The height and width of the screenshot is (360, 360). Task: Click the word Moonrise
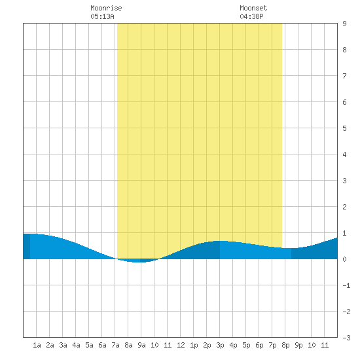pos(106,8)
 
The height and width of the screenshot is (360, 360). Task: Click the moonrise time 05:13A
pos(102,16)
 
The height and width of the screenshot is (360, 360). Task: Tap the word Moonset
pos(253,8)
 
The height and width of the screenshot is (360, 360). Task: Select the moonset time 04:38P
pos(251,16)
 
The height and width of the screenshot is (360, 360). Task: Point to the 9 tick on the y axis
pos(344,24)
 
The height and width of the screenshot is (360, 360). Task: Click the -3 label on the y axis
pos(346,338)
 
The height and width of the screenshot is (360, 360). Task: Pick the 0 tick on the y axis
pos(344,259)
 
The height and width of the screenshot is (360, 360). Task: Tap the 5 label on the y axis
pos(344,128)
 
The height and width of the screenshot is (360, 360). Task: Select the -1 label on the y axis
pos(346,285)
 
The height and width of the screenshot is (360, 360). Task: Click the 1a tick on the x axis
pos(37,345)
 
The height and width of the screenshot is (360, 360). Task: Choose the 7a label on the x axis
pos(115,345)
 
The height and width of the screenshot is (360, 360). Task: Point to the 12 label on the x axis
pos(181,345)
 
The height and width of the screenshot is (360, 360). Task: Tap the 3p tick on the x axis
pos(220,345)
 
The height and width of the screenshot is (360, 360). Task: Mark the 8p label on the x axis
pos(285,345)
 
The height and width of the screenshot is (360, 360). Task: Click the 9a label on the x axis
pos(141,345)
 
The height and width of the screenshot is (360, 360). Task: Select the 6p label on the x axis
pos(259,345)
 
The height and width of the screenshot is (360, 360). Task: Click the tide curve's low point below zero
pos(137,262)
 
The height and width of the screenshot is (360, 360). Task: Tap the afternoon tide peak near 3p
pos(220,241)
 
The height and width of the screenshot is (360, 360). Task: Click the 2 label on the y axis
pos(344,207)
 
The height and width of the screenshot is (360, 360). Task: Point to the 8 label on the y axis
pos(344,50)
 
